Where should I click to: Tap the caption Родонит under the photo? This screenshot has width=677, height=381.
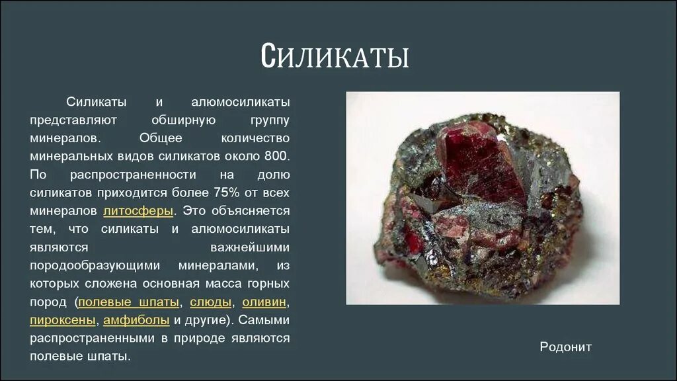(x=565, y=347)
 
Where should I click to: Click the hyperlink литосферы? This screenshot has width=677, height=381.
(x=138, y=211)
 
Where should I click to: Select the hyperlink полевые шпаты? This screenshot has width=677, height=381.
(x=129, y=302)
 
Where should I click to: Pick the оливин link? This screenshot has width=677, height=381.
(x=264, y=302)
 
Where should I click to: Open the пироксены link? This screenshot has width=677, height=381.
(x=63, y=321)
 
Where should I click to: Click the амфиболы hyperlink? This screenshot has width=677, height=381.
(x=137, y=321)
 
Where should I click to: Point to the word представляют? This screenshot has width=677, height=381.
(x=72, y=120)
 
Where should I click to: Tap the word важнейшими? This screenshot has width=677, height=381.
(x=249, y=247)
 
